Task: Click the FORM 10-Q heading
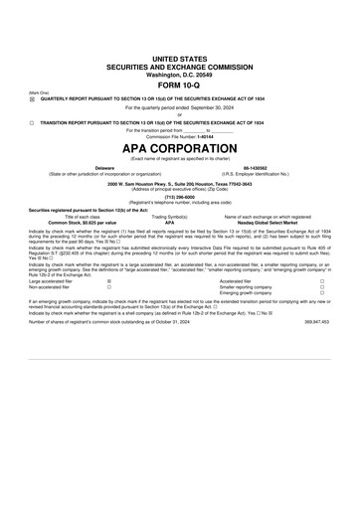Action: pyautogui.click(x=179, y=85)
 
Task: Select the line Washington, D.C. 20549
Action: pyautogui.click(x=179, y=74)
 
